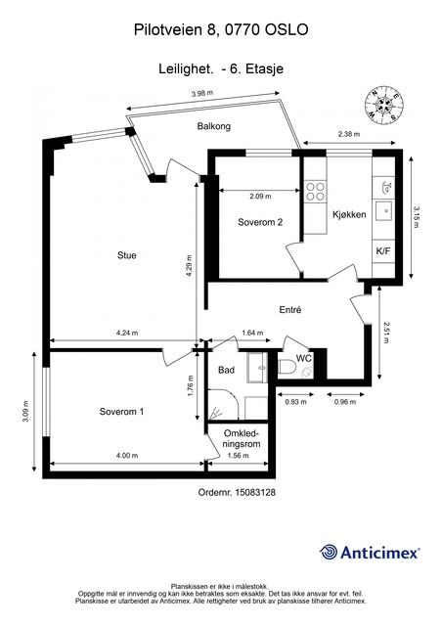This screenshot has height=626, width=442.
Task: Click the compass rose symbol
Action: pos(384,105)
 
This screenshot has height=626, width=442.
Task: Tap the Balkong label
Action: pos(214,126)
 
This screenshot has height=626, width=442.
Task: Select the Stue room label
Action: pos(126,255)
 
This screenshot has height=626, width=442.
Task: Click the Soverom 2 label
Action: pos(260,222)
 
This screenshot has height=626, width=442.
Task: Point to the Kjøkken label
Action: pos(349,214)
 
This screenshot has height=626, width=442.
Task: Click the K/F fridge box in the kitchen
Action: pos(383,251)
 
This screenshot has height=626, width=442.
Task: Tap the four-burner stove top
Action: pos(316,191)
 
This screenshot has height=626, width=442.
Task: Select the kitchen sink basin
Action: pos(385,209)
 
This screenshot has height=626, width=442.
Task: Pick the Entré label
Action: pos(290,310)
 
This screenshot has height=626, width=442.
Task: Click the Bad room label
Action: pos(227,370)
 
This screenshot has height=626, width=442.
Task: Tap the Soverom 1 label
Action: pos(121,412)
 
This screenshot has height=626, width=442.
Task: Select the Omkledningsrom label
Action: pos(242,438)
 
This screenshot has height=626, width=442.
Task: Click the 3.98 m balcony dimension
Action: pos(202,94)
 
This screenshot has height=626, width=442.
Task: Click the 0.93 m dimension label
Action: pos(296,402)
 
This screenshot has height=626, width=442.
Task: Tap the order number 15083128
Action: pos(256,492)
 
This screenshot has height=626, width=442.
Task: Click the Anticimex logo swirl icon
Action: pos(329,552)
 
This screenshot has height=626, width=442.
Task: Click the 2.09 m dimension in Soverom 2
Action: pos(260,196)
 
